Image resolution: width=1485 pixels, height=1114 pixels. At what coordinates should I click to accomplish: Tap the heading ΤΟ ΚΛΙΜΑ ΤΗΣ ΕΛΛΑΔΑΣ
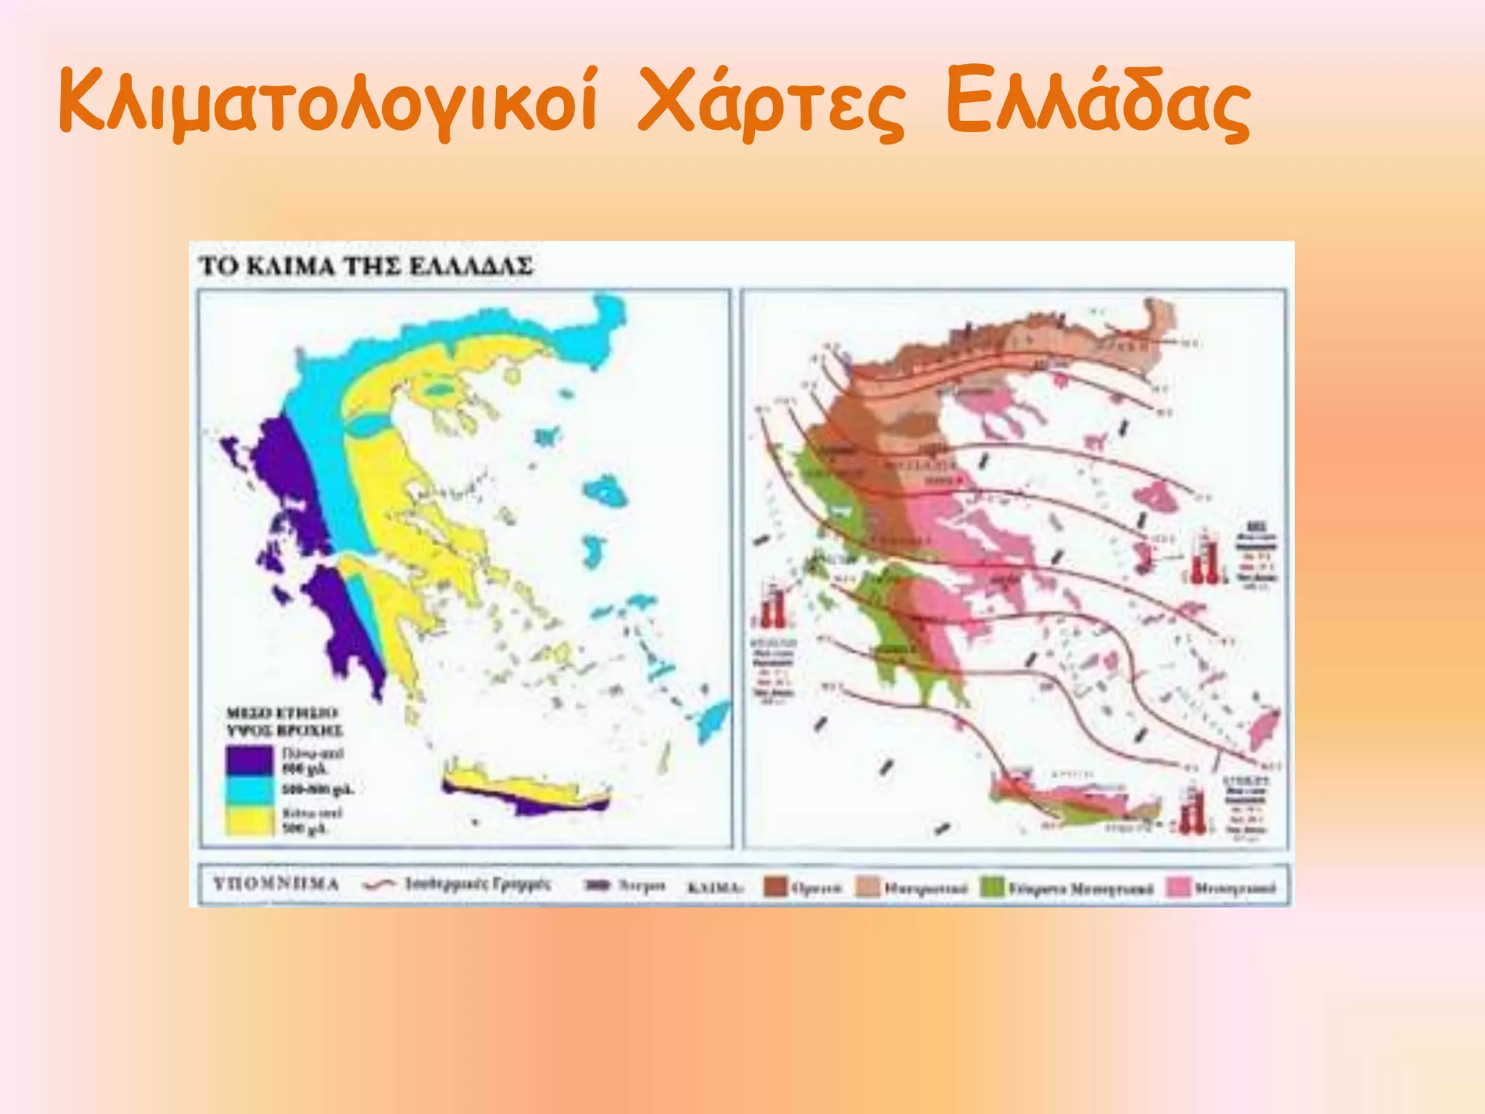point(365,266)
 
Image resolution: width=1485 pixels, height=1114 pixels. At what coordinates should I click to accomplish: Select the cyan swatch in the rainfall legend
point(249,790)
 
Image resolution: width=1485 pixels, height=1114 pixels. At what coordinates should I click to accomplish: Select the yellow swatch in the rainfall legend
point(249,820)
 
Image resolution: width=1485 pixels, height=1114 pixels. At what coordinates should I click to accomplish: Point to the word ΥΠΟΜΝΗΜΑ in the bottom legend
point(276,884)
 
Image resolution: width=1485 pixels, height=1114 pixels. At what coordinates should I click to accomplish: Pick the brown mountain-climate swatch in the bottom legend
point(776,887)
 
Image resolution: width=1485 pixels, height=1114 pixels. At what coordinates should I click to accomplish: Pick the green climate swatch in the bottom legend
point(992,887)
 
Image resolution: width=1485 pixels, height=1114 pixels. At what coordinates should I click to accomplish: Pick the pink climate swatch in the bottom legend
point(1178,887)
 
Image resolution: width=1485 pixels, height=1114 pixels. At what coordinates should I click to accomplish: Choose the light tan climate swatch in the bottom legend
point(868,887)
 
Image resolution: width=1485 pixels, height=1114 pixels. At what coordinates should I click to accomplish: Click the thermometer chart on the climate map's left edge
point(773,606)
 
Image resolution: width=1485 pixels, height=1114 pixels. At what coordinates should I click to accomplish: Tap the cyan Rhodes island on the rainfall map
point(714,718)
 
